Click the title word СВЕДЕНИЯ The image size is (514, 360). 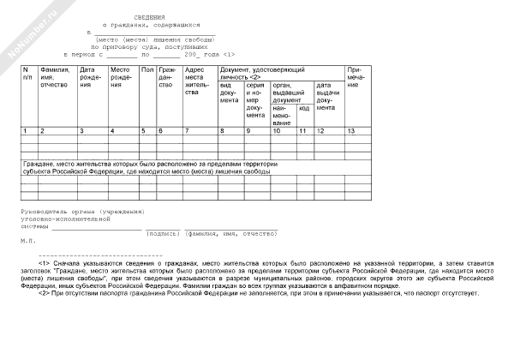coord(152,17)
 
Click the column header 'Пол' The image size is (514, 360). coord(146,69)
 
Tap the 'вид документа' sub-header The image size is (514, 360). coord(230,93)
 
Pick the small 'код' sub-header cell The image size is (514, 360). coord(304,108)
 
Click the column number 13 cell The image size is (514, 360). coord(351,130)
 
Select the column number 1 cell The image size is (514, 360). coord(25,130)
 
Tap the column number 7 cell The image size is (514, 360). coord(187,130)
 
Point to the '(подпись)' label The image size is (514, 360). coord(163,233)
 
